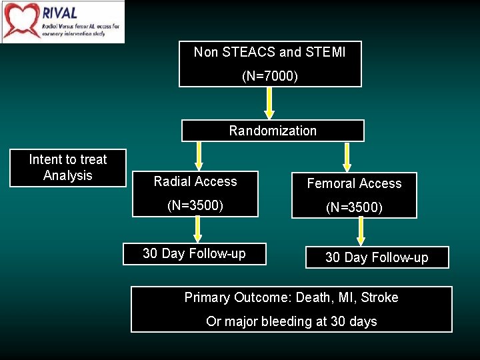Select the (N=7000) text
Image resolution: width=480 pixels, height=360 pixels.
point(270,77)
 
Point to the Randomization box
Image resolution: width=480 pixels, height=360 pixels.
point(273,131)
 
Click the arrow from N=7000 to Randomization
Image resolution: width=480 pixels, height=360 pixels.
point(269,103)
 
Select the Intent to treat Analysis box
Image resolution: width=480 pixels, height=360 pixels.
point(67,167)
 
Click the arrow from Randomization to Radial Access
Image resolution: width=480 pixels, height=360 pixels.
point(198,156)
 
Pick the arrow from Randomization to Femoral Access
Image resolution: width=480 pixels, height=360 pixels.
point(347,157)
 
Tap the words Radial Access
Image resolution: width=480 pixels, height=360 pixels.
point(195,181)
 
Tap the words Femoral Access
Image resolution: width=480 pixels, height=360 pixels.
point(354,183)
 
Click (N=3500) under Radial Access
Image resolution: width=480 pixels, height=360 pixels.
point(195,205)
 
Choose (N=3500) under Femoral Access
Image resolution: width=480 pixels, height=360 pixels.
point(354,207)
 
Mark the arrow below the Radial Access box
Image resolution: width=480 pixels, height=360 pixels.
point(198,229)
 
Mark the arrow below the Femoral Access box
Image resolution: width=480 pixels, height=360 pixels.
point(361,232)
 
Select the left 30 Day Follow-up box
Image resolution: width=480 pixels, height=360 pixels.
point(194,253)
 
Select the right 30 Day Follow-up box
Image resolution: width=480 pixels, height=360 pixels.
point(377,257)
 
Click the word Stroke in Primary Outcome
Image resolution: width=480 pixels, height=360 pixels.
point(379,297)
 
